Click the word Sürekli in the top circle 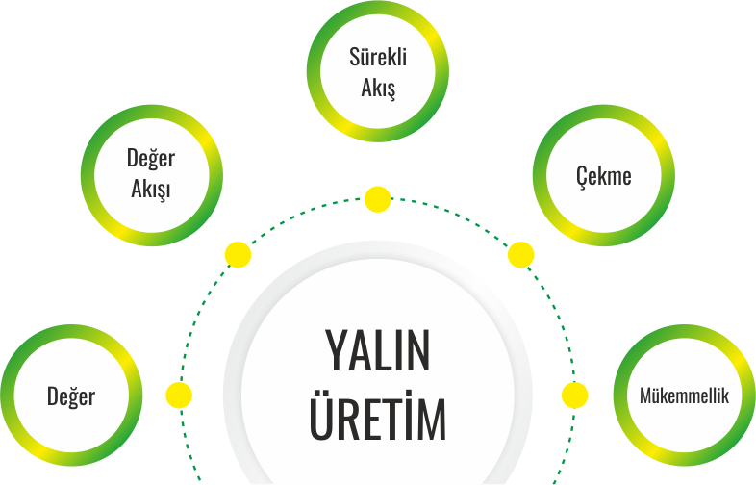(x=378, y=57)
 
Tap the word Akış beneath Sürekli (x=378, y=89)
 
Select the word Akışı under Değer (x=151, y=190)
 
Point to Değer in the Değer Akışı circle (x=151, y=158)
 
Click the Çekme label (x=603, y=176)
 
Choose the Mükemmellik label (x=684, y=396)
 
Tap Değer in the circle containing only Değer (x=71, y=396)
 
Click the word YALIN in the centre (x=377, y=353)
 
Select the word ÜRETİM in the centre (x=377, y=420)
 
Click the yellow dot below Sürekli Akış (x=378, y=200)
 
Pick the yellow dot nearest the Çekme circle (x=520, y=255)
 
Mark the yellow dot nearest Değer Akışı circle (x=238, y=255)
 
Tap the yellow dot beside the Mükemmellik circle (x=574, y=395)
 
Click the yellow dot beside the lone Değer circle (x=179, y=395)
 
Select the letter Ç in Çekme (x=581, y=177)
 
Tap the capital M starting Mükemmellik (x=645, y=396)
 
